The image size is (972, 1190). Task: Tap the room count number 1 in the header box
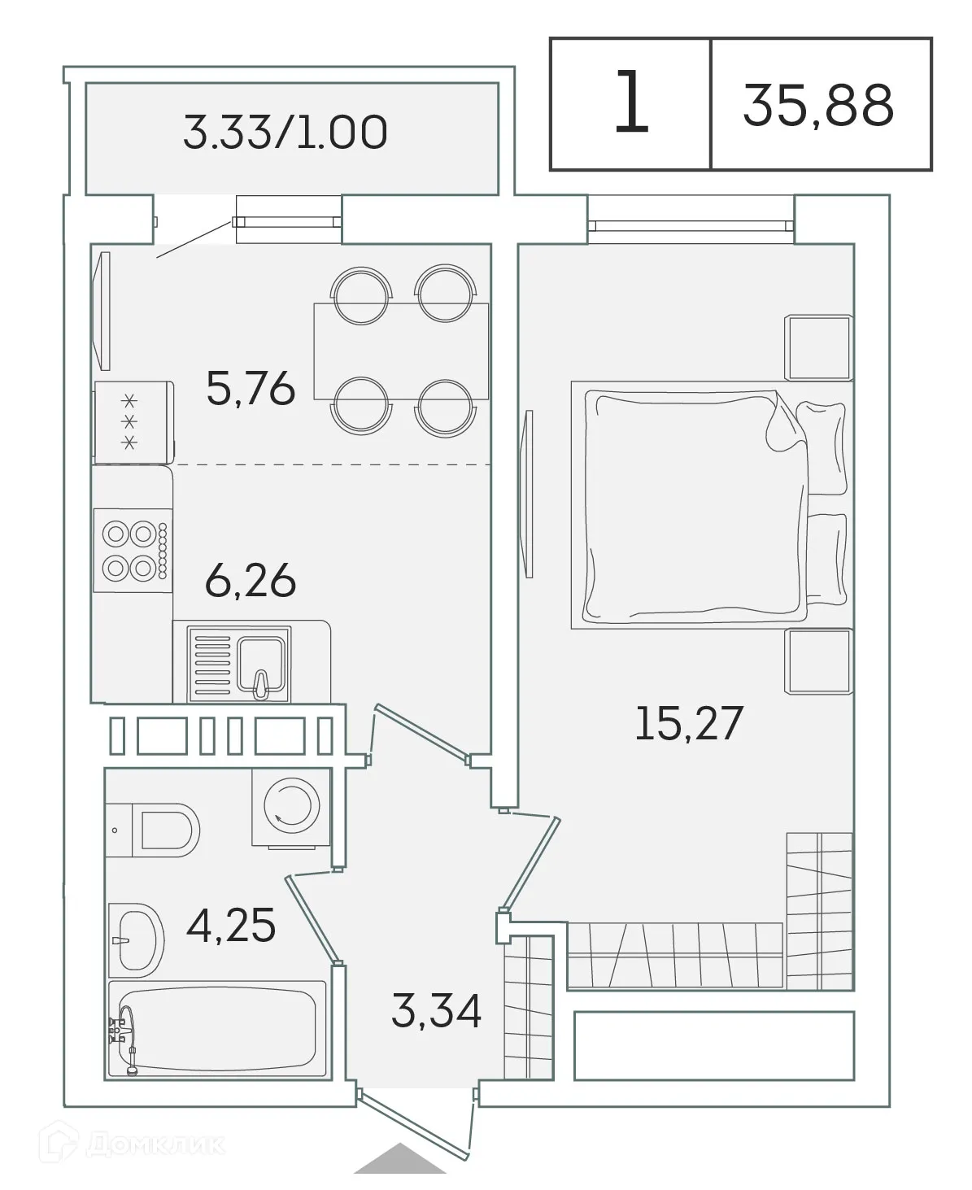[631, 103]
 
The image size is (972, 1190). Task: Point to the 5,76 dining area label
[250, 390]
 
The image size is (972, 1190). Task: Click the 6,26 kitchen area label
[250, 582]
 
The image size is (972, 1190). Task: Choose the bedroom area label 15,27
[688, 723]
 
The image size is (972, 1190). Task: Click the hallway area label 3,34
[436, 1011]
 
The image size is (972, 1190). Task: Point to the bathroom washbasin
[137, 939]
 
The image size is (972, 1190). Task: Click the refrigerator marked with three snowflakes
[133, 422]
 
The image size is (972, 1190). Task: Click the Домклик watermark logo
[142, 1146]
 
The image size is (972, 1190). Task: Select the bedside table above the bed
[817, 348]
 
